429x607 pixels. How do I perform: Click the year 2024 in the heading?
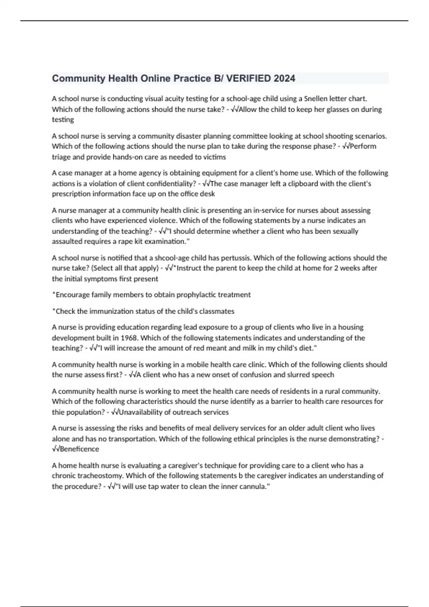click(x=285, y=79)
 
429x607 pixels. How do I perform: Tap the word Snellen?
click(x=318, y=99)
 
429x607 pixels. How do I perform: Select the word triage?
click(x=62, y=157)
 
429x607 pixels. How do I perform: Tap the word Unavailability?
click(x=140, y=412)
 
